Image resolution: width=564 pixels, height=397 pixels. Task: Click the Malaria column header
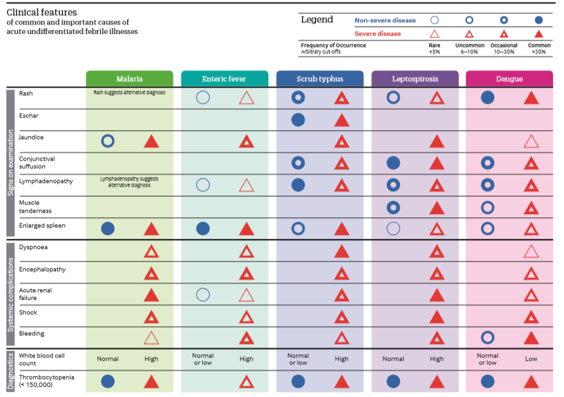129,79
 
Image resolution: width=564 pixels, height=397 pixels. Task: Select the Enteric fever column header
224,79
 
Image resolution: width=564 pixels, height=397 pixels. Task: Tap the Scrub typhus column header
319,79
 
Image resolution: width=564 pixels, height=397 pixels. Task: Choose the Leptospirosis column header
414,79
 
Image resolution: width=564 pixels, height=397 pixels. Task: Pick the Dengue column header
509,79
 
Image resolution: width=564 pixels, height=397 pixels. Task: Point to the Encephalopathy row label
42,269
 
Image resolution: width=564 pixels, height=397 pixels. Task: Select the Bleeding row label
32,333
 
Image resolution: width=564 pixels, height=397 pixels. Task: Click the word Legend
317,20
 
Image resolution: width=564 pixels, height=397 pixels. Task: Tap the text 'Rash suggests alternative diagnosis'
129,93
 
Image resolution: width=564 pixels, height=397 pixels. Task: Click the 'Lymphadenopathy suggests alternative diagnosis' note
129,182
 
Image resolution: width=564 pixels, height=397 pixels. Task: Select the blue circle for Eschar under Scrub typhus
298,119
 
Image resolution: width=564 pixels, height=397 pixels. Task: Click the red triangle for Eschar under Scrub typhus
341,119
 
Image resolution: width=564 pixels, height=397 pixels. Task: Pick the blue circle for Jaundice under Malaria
107,141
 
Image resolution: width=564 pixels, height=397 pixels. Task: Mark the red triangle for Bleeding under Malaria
151,337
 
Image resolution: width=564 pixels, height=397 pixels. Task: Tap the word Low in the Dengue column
531,359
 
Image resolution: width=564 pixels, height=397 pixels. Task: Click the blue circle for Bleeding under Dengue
488,337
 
